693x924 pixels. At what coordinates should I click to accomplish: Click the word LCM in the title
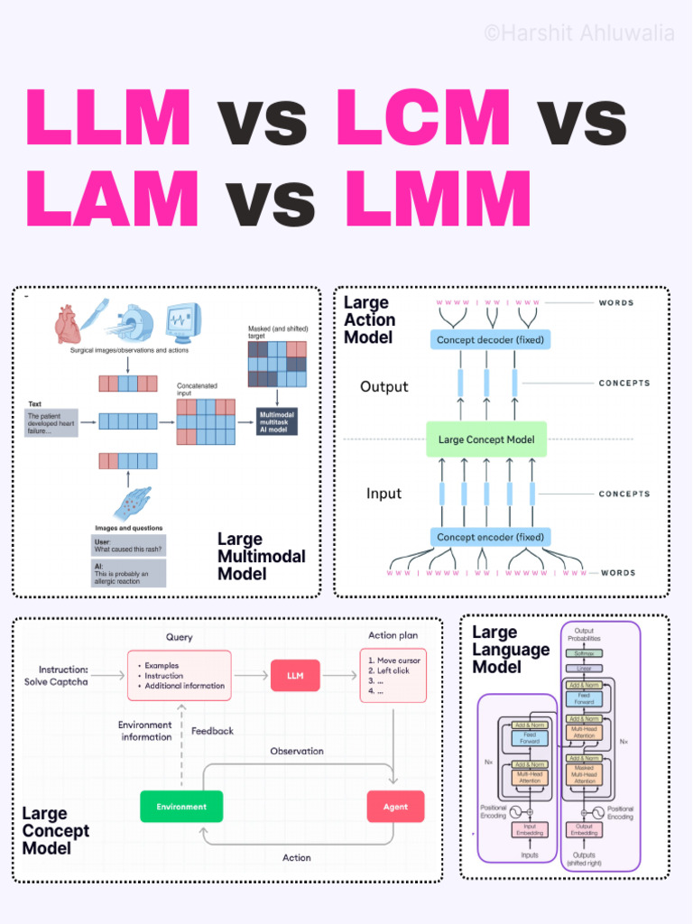tap(423, 118)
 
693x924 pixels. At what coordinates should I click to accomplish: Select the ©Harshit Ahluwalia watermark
tap(578, 33)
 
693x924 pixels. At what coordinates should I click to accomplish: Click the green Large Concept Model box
tap(486, 439)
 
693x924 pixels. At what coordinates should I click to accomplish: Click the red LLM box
tap(295, 675)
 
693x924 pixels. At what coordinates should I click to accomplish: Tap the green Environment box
tap(180, 806)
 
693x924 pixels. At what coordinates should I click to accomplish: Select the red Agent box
tap(395, 806)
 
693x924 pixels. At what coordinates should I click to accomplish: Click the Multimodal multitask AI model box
tap(277, 421)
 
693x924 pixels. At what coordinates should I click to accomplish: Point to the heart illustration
tap(68, 324)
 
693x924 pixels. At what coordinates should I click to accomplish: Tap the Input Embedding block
tap(530, 828)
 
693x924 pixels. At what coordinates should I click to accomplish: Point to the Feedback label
tap(212, 731)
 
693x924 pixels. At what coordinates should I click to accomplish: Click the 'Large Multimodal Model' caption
tap(261, 556)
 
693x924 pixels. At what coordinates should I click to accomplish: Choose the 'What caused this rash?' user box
tap(128, 545)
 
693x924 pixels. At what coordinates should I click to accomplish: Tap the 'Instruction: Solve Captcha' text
tap(62, 676)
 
